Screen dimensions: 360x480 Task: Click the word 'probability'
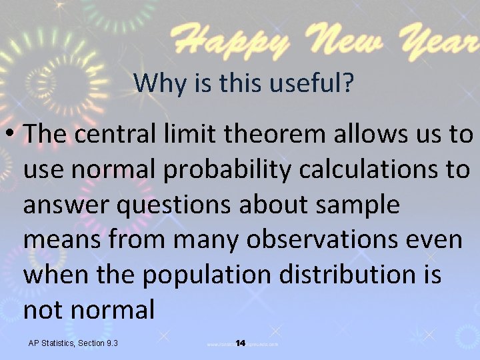pyautogui.click(x=226, y=170)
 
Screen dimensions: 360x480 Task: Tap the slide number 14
pyautogui.click(x=241, y=343)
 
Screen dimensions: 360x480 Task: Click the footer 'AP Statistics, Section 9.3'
pyautogui.click(x=73, y=343)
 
